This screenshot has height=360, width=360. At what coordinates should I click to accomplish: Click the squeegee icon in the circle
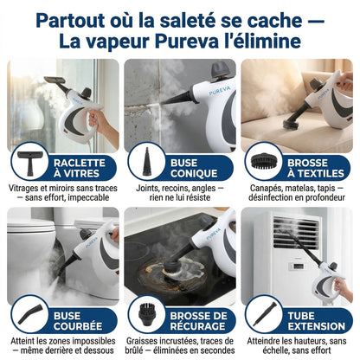30,161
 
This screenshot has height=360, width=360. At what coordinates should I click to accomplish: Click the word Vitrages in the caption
25,188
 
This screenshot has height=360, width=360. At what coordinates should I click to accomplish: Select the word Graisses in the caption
145,342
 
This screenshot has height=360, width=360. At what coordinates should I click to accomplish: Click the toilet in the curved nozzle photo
35,251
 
